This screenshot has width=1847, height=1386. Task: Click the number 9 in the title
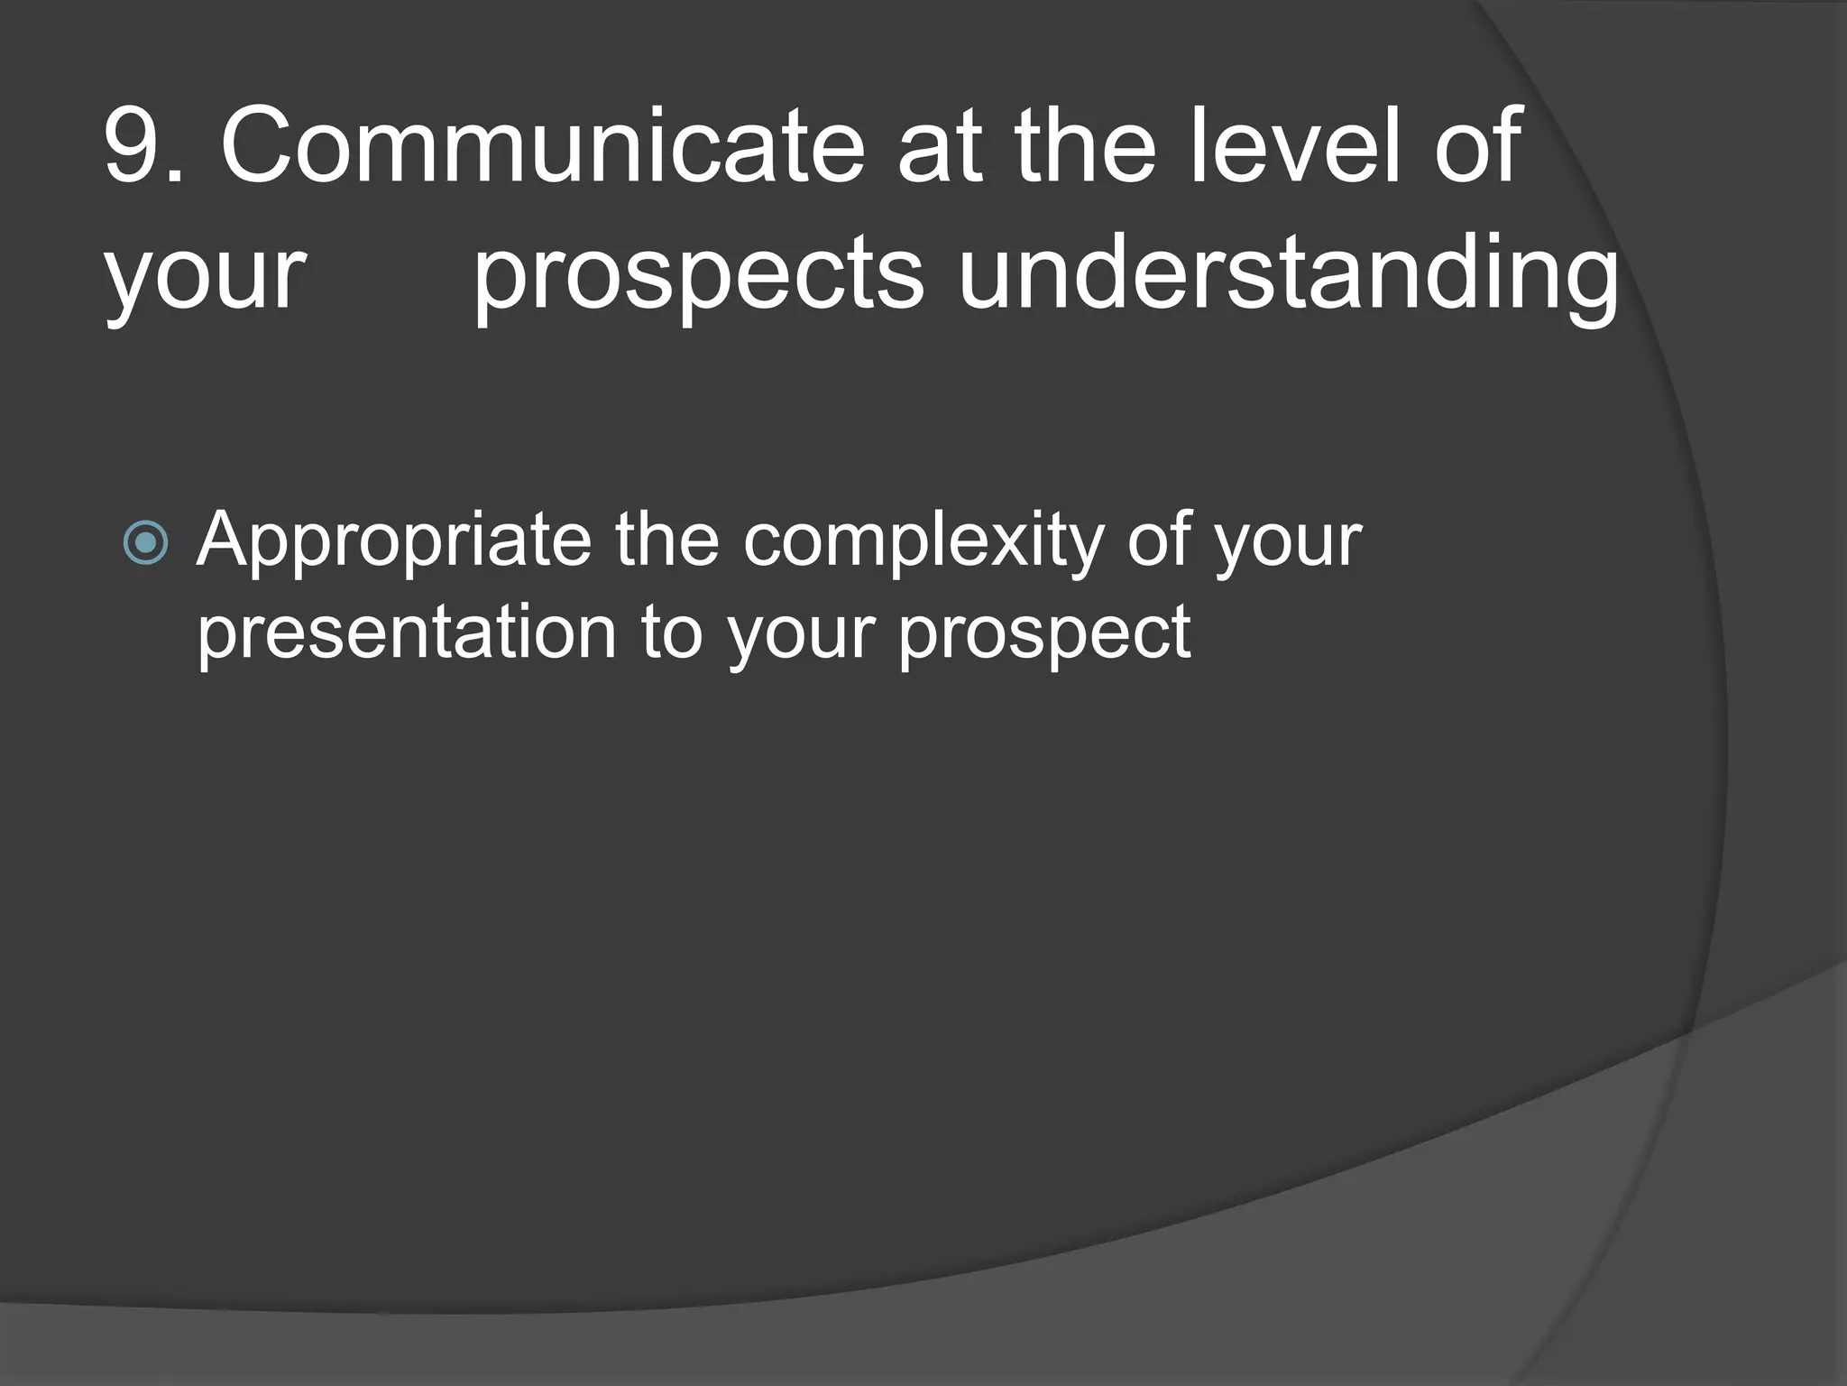(135, 146)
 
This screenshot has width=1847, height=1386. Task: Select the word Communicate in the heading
(541, 146)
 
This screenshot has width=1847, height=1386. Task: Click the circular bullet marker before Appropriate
(145, 542)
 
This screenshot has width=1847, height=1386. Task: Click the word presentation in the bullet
(406, 634)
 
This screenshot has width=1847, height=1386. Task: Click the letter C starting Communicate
(258, 146)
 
